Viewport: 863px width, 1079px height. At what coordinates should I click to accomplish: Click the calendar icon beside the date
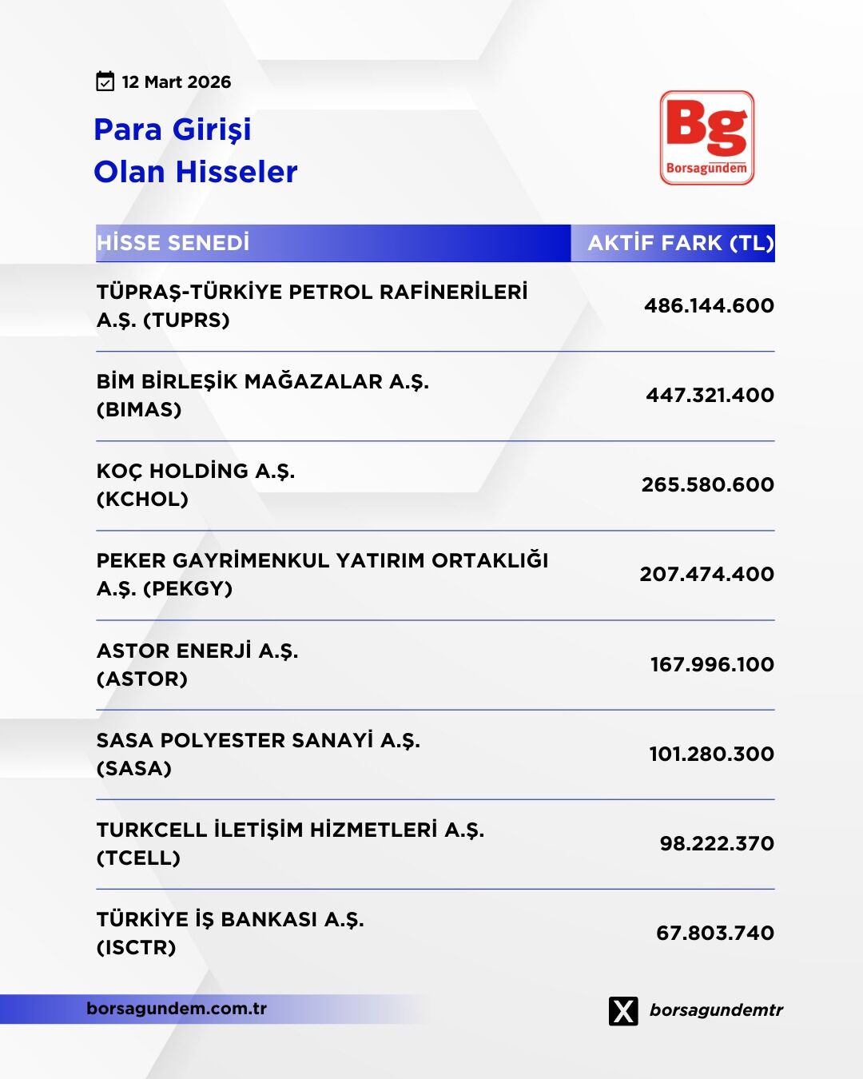point(105,82)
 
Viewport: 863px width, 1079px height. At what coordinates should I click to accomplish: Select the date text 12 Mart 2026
point(176,82)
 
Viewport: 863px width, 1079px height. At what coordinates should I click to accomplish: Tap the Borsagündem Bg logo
point(707,137)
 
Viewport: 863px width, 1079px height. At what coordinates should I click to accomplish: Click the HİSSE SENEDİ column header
point(173,243)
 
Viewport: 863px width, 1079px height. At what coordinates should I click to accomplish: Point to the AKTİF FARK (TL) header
point(681,243)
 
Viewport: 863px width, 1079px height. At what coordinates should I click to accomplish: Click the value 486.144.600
point(709,305)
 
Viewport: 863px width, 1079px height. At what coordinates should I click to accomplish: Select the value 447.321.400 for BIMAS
point(710,395)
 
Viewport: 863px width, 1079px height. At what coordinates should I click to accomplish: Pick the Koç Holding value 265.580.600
point(707,484)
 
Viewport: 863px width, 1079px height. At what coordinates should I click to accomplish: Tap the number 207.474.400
point(706,574)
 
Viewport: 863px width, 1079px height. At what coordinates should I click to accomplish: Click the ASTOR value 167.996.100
point(712,664)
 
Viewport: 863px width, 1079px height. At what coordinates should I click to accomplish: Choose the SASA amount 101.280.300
point(711,754)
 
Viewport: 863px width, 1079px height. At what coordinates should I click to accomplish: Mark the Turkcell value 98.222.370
point(717,843)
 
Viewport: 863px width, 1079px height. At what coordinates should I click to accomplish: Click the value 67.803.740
point(715,933)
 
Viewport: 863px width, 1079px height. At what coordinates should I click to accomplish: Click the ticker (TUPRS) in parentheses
point(186,321)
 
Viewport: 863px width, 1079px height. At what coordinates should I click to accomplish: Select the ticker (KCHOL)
point(142,500)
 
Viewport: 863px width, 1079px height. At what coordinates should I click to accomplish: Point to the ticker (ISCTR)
point(136,948)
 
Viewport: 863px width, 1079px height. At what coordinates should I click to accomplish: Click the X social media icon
point(623,1010)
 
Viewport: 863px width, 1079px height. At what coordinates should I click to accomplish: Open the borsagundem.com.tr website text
point(177,1009)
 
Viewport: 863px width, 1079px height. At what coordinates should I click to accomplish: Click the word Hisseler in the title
point(237,172)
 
